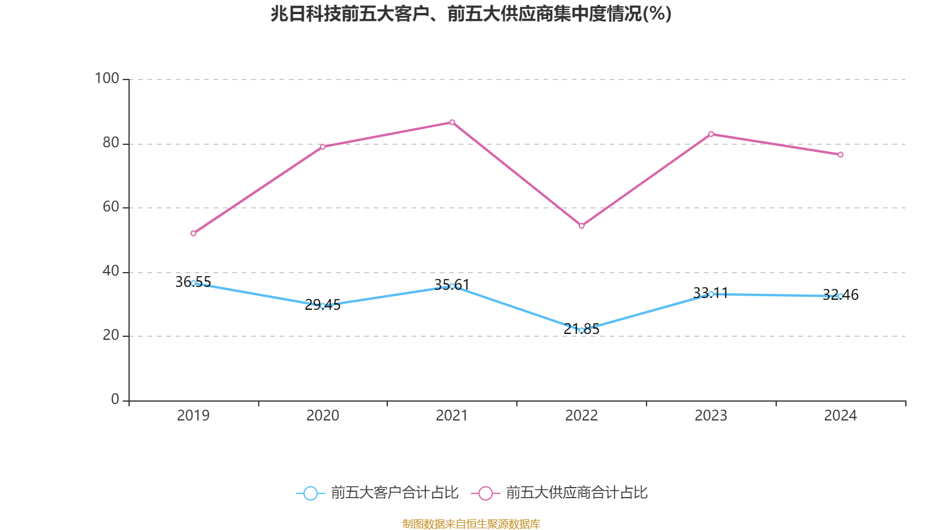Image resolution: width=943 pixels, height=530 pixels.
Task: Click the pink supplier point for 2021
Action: coord(452,122)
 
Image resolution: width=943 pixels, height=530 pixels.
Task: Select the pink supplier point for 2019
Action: coord(193,233)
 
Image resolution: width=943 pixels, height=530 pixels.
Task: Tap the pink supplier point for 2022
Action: coord(582,226)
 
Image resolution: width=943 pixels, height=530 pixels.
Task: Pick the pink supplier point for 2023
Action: coord(711,134)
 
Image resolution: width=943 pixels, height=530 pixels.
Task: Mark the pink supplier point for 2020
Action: coord(322,147)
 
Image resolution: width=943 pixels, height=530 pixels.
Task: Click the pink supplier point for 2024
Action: coord(840,155)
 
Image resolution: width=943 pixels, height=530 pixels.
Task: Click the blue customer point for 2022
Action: coord(582,330)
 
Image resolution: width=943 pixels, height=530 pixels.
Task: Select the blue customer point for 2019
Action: coord(193,283)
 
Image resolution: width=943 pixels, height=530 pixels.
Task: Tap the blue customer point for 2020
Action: coord(322,306)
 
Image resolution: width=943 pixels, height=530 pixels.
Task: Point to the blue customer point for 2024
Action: coord(840,296)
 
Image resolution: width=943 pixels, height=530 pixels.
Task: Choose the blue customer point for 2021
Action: coord(452,286)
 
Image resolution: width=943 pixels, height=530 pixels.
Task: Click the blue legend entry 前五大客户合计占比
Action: coord(377,493)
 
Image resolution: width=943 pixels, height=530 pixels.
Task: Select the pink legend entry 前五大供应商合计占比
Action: coord(560,493)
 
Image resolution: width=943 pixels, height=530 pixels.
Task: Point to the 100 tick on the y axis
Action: coord(107,78)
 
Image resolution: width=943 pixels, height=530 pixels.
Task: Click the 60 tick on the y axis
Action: coord(110,207)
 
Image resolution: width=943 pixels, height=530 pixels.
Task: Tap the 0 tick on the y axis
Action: coord(115,399)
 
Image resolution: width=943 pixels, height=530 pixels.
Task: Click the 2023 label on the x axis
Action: coord(711,416)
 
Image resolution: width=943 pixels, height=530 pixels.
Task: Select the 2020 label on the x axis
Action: coord(322,416)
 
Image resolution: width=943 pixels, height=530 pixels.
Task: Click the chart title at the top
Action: coord(471,14)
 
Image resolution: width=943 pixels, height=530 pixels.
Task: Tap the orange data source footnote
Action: coord(471,524)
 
